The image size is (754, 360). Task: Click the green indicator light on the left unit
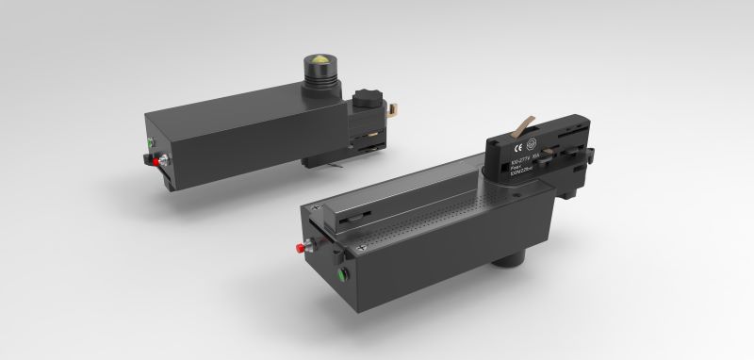[x=152, y=142]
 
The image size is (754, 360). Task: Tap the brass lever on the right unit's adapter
[x=522, y=123]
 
